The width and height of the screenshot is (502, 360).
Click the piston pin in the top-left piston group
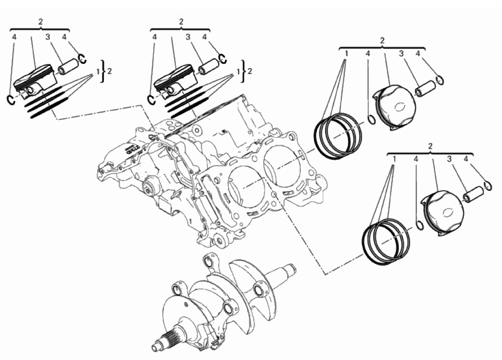tap(68, 66)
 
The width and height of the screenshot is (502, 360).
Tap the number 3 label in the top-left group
tap(48, 37)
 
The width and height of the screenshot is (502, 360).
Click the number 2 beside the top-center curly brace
tap(250, 71)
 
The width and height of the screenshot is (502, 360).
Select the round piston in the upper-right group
tap(395, 107)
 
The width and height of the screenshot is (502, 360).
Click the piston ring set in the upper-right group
tap(338, 136)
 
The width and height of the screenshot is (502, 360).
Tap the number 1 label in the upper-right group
tap(346, 54)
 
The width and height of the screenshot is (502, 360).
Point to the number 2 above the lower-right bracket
tap(430, 146)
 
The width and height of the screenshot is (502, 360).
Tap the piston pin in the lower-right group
tap(474, 194)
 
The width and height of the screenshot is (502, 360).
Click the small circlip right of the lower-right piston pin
tap(488, 186)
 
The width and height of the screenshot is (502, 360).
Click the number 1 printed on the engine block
tap(190, 221)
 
